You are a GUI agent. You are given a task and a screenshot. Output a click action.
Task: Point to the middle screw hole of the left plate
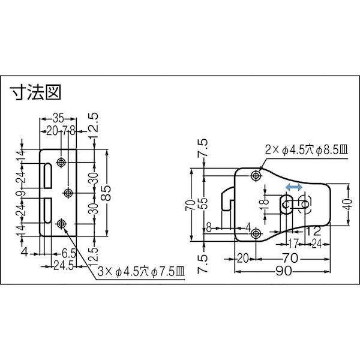(x=67, y=193)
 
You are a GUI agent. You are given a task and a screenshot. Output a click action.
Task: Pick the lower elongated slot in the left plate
(x=47, y=208)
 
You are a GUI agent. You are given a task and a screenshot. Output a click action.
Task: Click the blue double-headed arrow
(x=293, y=188)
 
